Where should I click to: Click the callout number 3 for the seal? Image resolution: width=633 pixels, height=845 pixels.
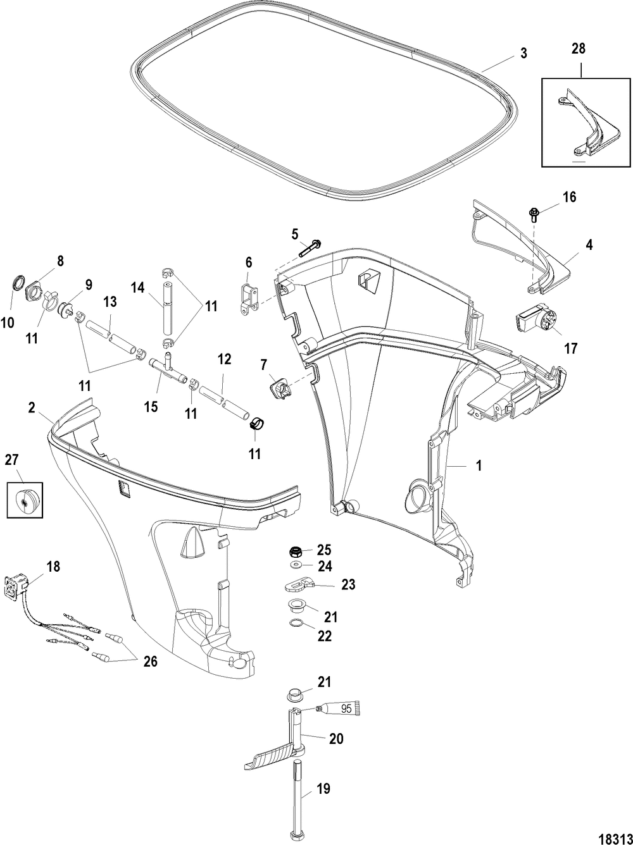click(523, 53)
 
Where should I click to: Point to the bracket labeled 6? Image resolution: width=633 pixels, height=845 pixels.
click(248, 296)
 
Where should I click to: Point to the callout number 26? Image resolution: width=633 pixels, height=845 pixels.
click(150, 662)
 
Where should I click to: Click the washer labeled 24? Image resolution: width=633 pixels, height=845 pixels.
click(295, 564)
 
